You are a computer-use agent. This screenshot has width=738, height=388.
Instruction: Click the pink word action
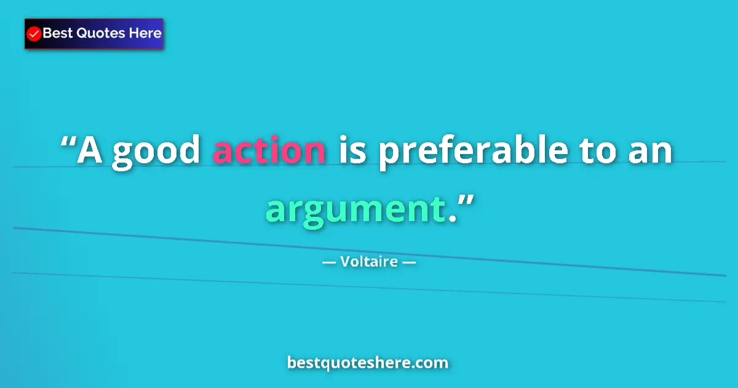point(269,152)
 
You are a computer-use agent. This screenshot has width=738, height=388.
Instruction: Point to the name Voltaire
point(369,262)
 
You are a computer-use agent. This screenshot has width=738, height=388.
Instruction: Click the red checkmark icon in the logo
point(34,34)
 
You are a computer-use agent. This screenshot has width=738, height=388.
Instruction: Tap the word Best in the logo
point(57,33)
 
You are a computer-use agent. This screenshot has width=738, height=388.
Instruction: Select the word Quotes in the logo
point(100,33)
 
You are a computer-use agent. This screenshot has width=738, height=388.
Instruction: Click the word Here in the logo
point(145,33)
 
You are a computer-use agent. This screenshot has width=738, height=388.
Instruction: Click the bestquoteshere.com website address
point(368,363)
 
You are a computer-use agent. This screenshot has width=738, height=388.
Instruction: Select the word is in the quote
point(350,151)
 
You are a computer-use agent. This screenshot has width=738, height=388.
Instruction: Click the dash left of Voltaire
point(329,263)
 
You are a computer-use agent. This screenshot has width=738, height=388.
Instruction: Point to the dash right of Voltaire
point(409,263)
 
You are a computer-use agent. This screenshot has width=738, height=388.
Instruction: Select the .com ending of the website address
point(430,363)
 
